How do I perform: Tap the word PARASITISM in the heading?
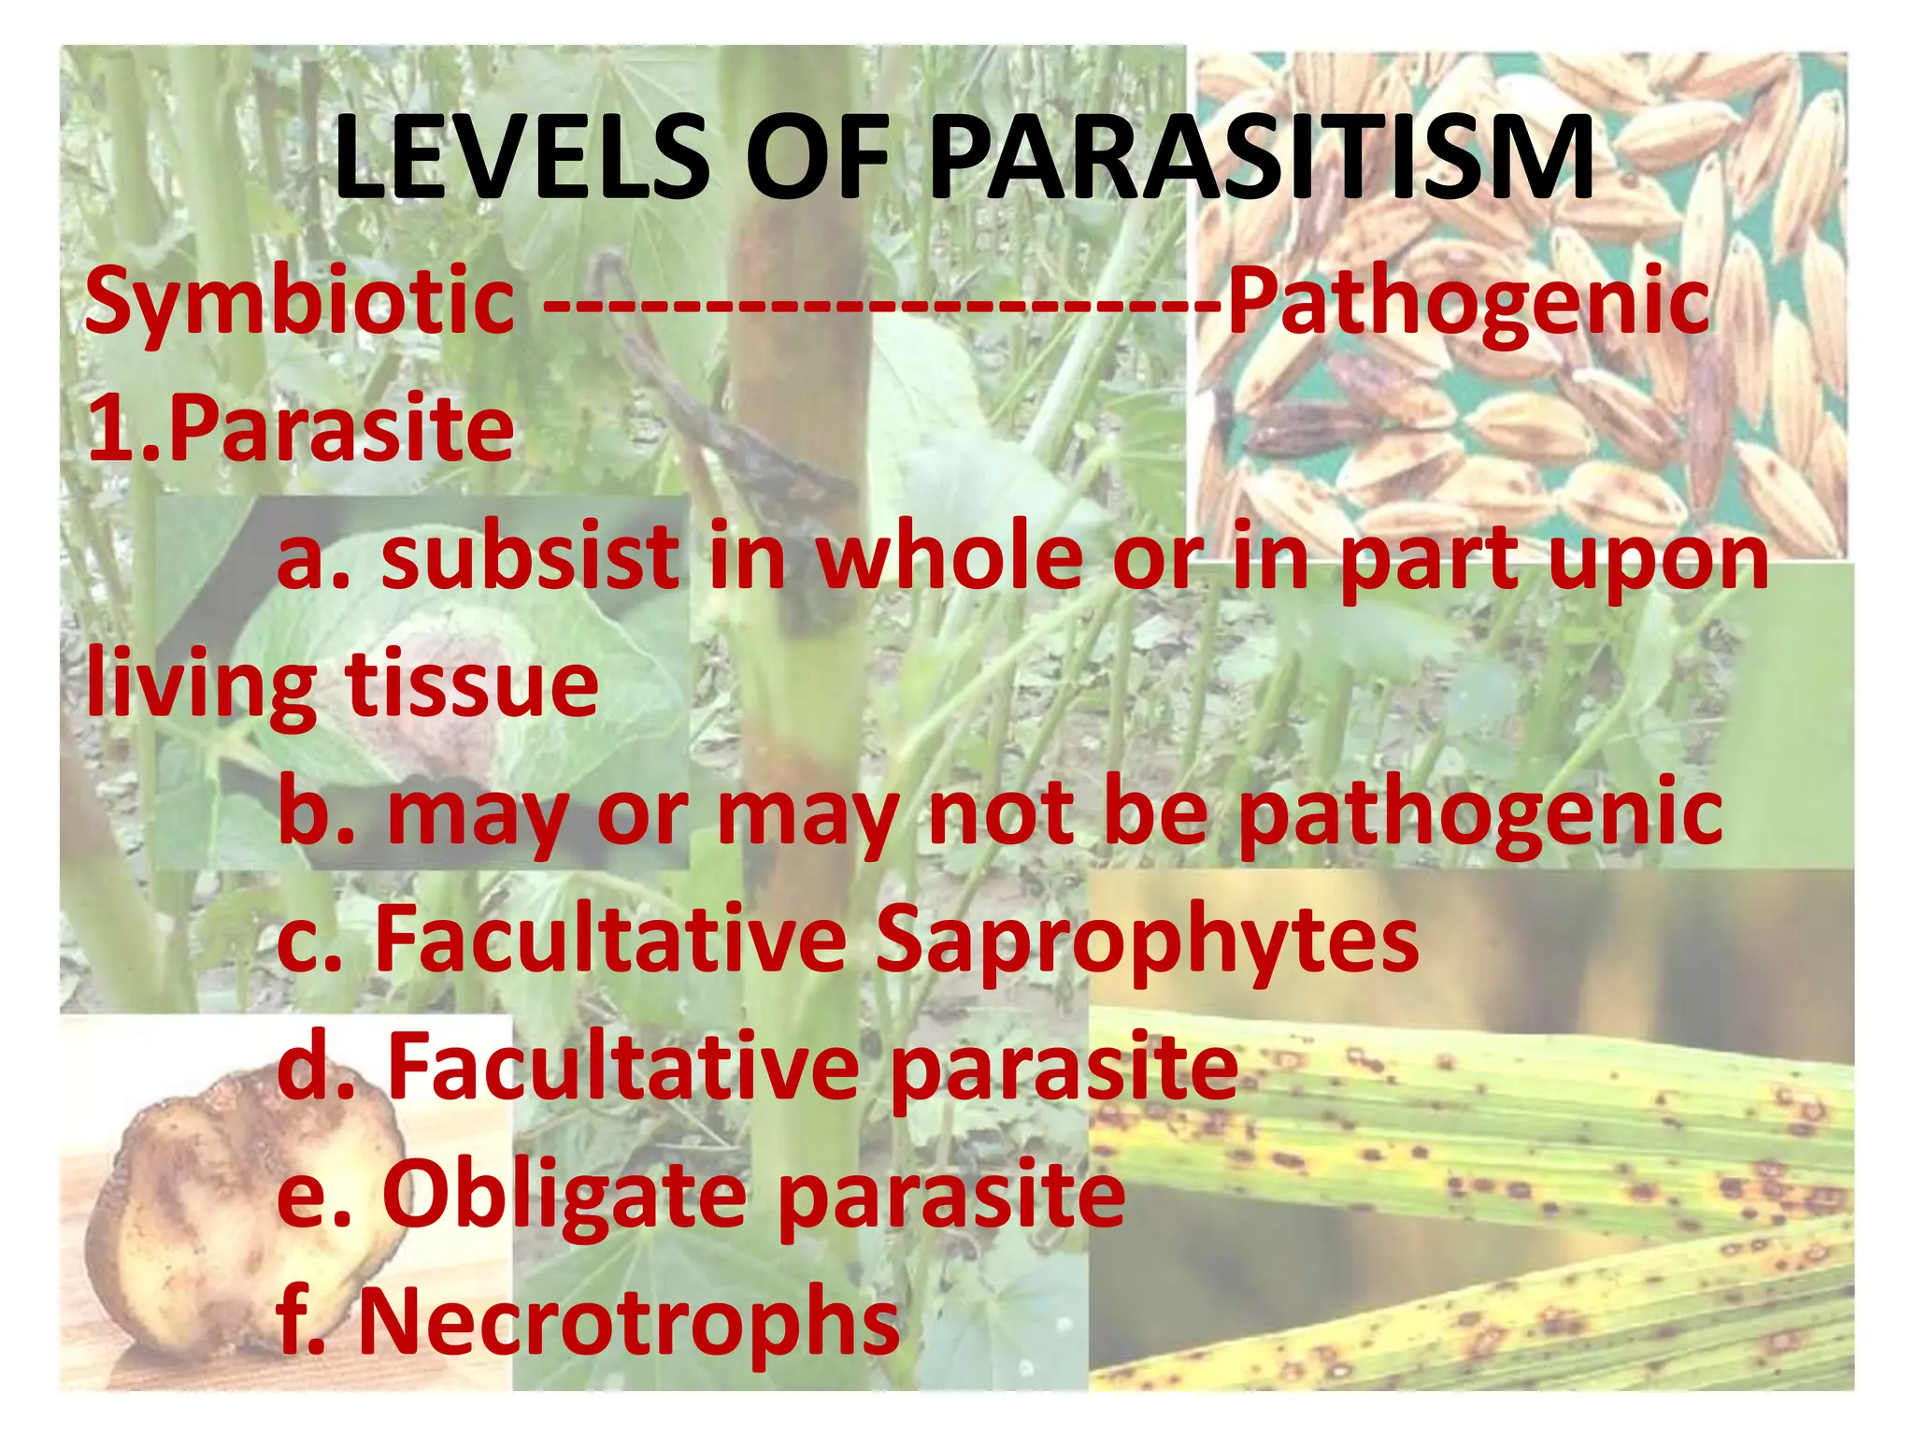coord(1262,157)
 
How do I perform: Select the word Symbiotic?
coord(299,301)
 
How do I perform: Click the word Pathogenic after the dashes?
coord(1468,301)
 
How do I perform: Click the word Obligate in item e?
coord(564,1197)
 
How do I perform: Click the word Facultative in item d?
coord(623,1068)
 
